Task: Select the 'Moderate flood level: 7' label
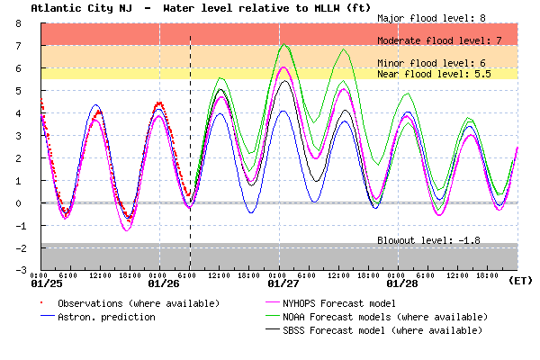point(439,40)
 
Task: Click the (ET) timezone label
point(520,281)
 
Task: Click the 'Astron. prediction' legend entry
point(106,317)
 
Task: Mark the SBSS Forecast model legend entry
point(393,330)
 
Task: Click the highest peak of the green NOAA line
point(284,44)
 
